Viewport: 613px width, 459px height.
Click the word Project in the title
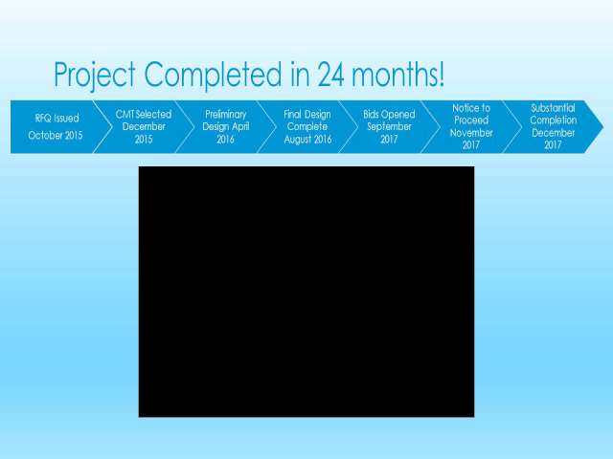coord(95,75)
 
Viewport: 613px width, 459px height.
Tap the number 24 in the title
coord(330,75)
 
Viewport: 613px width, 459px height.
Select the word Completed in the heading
coord(213,75)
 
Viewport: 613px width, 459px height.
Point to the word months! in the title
coord(397,75)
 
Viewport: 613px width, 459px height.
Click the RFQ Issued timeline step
coord(56,127)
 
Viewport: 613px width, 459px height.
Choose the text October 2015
coord(56,136)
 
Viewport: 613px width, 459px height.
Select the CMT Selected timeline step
coord(144,127)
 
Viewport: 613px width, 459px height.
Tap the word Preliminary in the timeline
coord(226,115)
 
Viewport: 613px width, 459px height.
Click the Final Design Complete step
coord(307,127)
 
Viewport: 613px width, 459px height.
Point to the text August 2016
coord(307,140)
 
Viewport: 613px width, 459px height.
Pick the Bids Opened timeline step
coord(389,127)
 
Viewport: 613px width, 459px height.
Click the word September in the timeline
coord(389,127)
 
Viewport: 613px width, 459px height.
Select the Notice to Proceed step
coord(471,127)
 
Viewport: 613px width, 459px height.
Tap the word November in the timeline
coord(471,133)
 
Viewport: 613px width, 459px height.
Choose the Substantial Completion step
coord(553,127)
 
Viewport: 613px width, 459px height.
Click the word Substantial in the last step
coord(553,108)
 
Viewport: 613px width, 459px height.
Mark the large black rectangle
coord(306,292)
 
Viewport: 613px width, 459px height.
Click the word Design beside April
coord(215,127)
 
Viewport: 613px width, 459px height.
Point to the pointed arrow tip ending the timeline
coord(603,127)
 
